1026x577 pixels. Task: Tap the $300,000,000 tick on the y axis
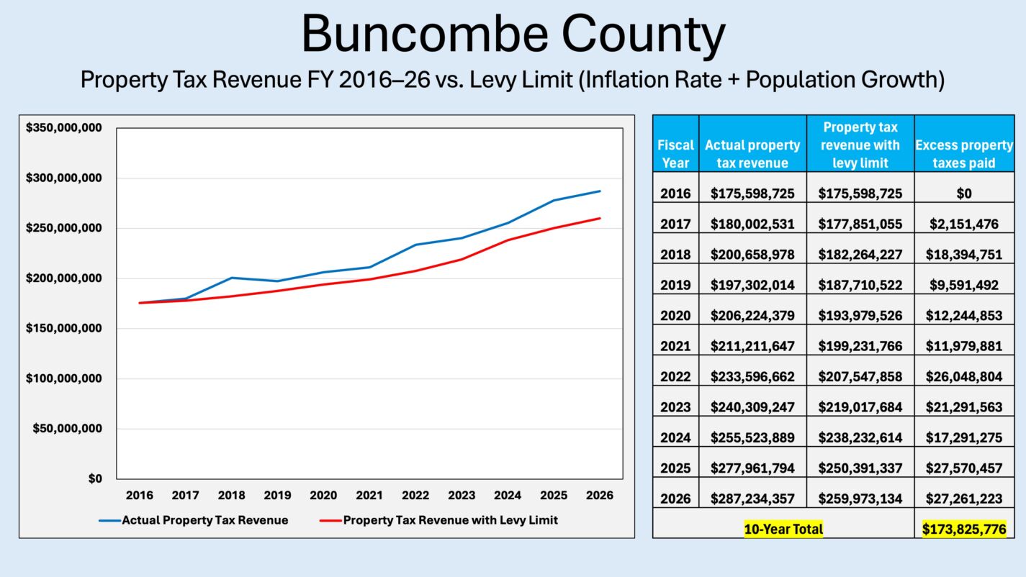pyautogui.click(x=63, y=178)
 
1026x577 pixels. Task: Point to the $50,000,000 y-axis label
pyautogui.click(x=67, y=429)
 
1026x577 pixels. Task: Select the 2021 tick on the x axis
pyautogui.click(x=369, y=496)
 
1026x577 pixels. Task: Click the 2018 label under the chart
pyautogui.click(x=231, y=496)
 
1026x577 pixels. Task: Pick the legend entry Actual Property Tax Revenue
pyautogui.click(x=194, y=520)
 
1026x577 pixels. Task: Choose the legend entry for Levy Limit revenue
pyautogui.click(x=439, y=520)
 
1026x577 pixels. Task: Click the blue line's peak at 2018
pyautogui.click(x=231, y=278)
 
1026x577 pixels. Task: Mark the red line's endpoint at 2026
pyautogui.click(x=600, y=219)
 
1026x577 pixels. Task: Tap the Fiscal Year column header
pyautogui.click(x=675, y=153)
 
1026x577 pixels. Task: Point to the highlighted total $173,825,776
pyautogui.click(x=964, y=530)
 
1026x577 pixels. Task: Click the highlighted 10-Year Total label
pyautogui.click(x=783, y=530)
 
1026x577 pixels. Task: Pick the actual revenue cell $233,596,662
pyautogui.click(x=752, y=377)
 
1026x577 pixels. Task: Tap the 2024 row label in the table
pyautogui.click(x=675, y=438)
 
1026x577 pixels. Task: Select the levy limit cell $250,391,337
pyautogui.click(x=860, y=468)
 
